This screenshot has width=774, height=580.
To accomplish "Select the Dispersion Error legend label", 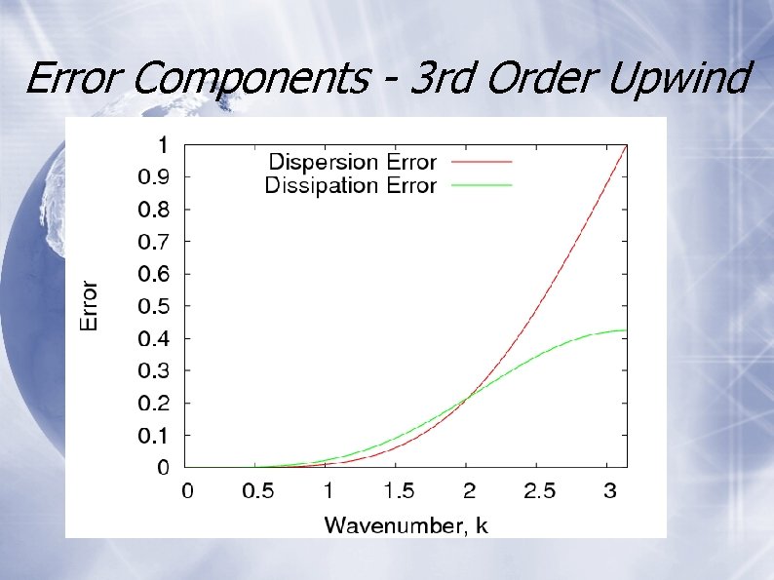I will click(x=352, y=162).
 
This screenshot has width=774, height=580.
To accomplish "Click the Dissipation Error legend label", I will click(x=350, y=185).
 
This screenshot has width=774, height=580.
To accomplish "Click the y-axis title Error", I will click(x=89, y=305).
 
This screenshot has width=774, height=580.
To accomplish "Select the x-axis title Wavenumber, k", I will click(x=406, y=526).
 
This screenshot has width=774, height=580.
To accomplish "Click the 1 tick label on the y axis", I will click(x=163, y=144).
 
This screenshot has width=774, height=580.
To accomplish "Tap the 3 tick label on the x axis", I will click(x=609, y=491).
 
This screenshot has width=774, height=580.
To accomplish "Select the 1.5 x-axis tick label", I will click(x=398, y=491).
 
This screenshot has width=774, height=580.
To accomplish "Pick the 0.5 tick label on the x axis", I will click(x=257, y=491).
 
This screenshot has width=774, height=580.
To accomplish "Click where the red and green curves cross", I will click(x=470, y=396).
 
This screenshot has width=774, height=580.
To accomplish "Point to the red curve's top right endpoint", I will click(x=626, y=145).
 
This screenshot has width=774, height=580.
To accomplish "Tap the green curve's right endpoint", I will click(x=626, y=330).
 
